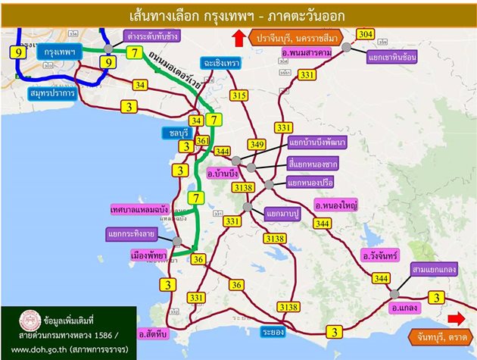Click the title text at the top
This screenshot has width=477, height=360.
(x=238, y=14)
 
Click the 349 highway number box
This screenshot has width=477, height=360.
(x=257, y=145)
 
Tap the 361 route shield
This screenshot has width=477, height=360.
(x=202, y=141)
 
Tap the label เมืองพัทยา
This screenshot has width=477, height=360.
(x=148, y=256)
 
